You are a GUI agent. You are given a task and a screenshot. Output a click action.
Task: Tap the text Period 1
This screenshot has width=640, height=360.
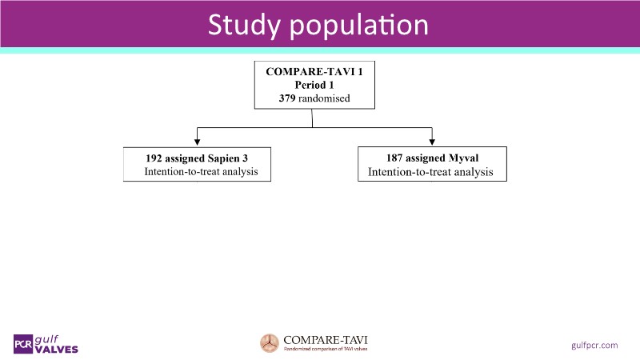pos(313,85)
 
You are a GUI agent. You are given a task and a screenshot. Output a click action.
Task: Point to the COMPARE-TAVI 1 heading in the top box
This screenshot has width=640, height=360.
pos(313,71)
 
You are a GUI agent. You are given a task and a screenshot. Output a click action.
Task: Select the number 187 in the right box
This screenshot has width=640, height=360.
pos(397,158)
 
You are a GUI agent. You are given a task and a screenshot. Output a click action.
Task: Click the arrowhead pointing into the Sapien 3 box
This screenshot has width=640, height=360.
pos(196,142)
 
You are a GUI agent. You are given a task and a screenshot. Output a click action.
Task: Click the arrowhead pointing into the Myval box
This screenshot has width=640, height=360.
pos(432,142)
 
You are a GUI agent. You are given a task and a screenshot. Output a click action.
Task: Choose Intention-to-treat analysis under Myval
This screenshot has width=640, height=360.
pos(430,172)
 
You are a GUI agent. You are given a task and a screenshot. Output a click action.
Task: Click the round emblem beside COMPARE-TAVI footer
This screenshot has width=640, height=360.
pos(270,343)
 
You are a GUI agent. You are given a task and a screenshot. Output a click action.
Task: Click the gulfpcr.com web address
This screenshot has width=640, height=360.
pos(595,345)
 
